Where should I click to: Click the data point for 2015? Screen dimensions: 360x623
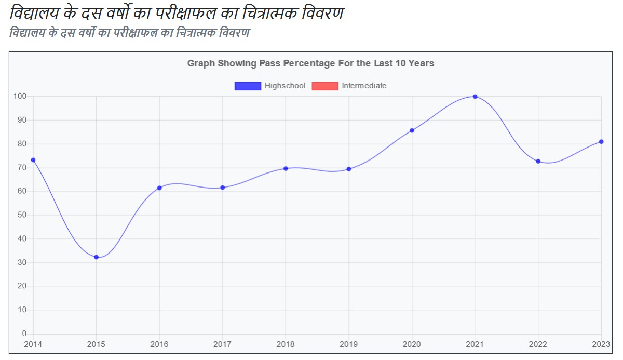(x=96, y=257)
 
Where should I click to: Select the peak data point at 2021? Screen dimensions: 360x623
(x=475, y=97)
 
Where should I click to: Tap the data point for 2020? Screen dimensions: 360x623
(x=412, y=130)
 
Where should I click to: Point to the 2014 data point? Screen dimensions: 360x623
(x=33, y=160)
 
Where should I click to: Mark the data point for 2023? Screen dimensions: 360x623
(x=601, y=142)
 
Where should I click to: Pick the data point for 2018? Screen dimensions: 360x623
(x=286, y=168)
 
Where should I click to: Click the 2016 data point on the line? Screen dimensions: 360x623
(x=159, y=188)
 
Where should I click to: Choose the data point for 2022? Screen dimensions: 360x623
(x=538, y=162)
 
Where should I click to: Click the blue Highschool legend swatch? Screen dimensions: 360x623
(x=248, y=86)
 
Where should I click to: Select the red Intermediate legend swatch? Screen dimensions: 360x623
(x=325, y=86)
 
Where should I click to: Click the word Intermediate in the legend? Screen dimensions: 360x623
(x=364, y=86)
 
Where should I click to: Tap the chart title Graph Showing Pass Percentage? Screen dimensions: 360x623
(x=310, y=63)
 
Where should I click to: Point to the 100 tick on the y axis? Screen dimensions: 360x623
(x=20, y=97)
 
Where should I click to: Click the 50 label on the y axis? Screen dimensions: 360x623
(x=22, y=215)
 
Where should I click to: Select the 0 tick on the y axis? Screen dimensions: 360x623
(x=24, y=334)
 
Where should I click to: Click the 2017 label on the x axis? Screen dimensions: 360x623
(x=222, y=344)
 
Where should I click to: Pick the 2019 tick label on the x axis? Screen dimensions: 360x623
(x=348, y=344)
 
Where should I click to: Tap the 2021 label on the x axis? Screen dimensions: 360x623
(x=475, y=344)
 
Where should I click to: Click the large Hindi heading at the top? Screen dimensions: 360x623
(x=177, y=14)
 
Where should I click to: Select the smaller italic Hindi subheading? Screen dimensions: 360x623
(x=130, y=33)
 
